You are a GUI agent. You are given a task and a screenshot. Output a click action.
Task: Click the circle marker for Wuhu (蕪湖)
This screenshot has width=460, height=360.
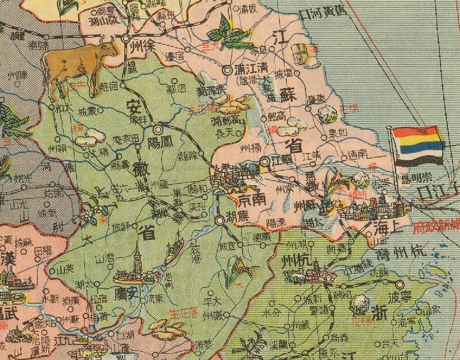click(220, 220)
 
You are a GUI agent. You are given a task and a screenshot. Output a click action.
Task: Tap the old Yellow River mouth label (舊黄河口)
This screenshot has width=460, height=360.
click(322, 14)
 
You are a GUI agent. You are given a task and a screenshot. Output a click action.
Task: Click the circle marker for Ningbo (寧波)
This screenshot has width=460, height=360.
click(400, 284)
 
